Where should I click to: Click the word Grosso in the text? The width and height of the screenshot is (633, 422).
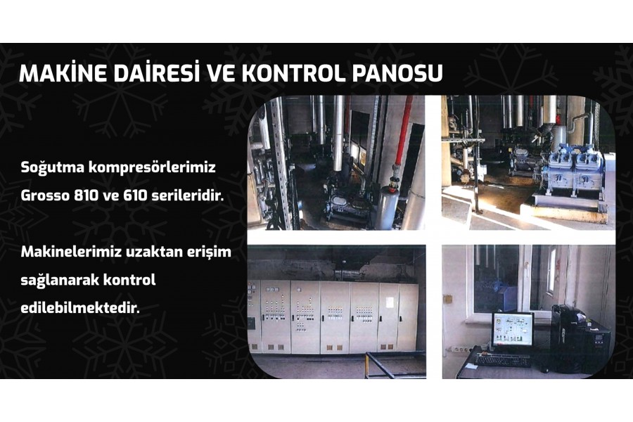pyautogui.click(x=45, y=196)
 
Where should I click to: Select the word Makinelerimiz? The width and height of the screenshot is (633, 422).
pyautogui.click(x=71, y=252)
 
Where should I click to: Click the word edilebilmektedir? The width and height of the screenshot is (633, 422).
pyautogui.click(x=80, y=309)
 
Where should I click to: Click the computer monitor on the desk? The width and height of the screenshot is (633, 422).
pyautogui.click(x=512, y=330)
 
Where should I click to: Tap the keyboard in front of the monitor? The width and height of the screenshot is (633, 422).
pyautogui.click(x=502, y=359)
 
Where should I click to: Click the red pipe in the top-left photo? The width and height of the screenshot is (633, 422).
pyautogui.click(x=403, y=133)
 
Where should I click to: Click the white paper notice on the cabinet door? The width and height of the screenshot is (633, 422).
pyautogui.click(x=390, y=302)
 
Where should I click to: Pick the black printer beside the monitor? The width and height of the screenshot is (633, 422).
pyautogui.click(x=580, y=339)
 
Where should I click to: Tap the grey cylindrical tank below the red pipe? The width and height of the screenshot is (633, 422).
pyautogui.click(x=387, y=207)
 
